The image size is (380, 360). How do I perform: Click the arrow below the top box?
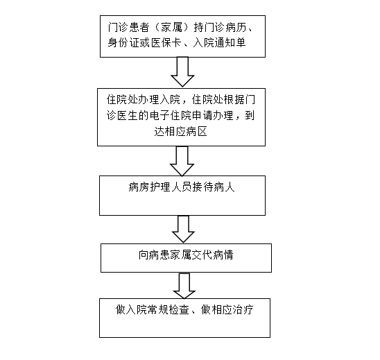(x=182, y=71)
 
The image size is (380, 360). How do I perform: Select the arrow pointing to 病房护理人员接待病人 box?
(x=182, y=161)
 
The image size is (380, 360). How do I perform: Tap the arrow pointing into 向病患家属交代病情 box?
(x=183, y=229)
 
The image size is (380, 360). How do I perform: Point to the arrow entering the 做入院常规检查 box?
(x=184, y=286)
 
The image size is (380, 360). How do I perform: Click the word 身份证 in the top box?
(x=123, y=43)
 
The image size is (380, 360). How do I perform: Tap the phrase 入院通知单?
(x=219, y=43)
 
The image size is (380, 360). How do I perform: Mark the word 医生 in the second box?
(x=128, y=115)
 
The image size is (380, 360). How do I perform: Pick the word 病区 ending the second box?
(x=196, y=132)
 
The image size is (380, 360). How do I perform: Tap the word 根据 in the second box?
(x=234, y=99)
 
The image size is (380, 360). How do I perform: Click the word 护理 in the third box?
(x=160, y=187)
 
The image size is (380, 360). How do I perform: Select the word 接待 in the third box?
(x=203, y=187)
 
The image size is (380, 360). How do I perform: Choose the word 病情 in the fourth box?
(x=223, y=255)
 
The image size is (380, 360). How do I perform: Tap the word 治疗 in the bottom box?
(x=243, y=309)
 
